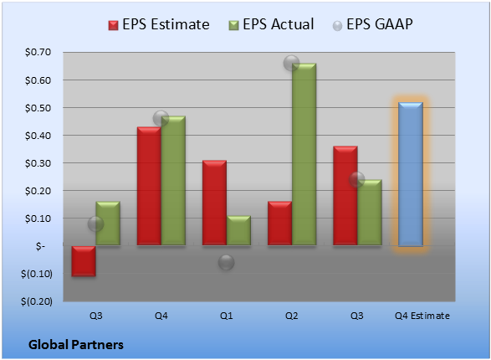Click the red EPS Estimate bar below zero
pos(84,261)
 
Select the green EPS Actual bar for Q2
pos(304,154)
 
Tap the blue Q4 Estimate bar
pos(411,174)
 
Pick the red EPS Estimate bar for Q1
pos(214,203)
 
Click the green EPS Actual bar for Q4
pos(173,181)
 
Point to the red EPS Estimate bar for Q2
pos(280,223)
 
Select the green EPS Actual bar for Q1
pos(238,230)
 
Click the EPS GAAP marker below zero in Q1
pos(227,262)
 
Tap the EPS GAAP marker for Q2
pos(292,63)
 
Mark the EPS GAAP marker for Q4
pos(161,119)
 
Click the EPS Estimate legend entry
pos(159,24)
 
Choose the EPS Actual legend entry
pos(271,24)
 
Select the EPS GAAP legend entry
pos(372,24)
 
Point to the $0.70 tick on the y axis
pos(38,52)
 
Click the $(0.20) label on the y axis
pos(37,301)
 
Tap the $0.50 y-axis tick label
pos(38,108)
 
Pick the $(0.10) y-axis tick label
pos(37,274)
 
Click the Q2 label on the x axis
pos(292,316)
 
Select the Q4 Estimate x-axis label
pos(422,316)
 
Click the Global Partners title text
pos(76,345)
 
